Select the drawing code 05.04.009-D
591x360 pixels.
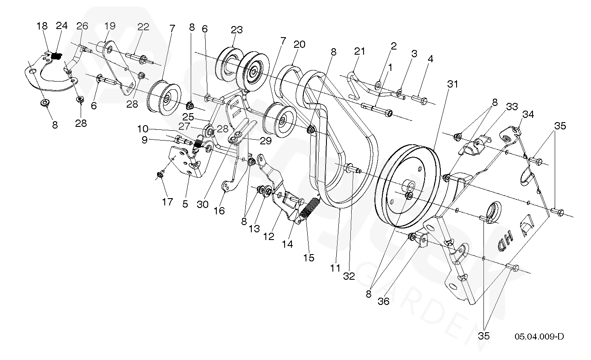pos(539,337)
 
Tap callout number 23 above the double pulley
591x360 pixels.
pos(236,30)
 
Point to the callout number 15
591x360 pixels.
pos(308,258)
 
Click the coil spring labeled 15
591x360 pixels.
pos(311,209)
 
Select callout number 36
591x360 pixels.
pos(384,301)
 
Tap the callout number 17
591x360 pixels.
pos(168,202)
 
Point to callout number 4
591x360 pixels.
pos(430,59)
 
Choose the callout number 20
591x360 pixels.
pos(300,44)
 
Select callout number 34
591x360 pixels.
pos(528,114)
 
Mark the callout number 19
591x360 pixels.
pos(110,26)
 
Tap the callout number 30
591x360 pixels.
pos(202,204)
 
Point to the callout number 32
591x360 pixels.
pos(349,276)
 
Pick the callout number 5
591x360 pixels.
pos(185,204)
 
